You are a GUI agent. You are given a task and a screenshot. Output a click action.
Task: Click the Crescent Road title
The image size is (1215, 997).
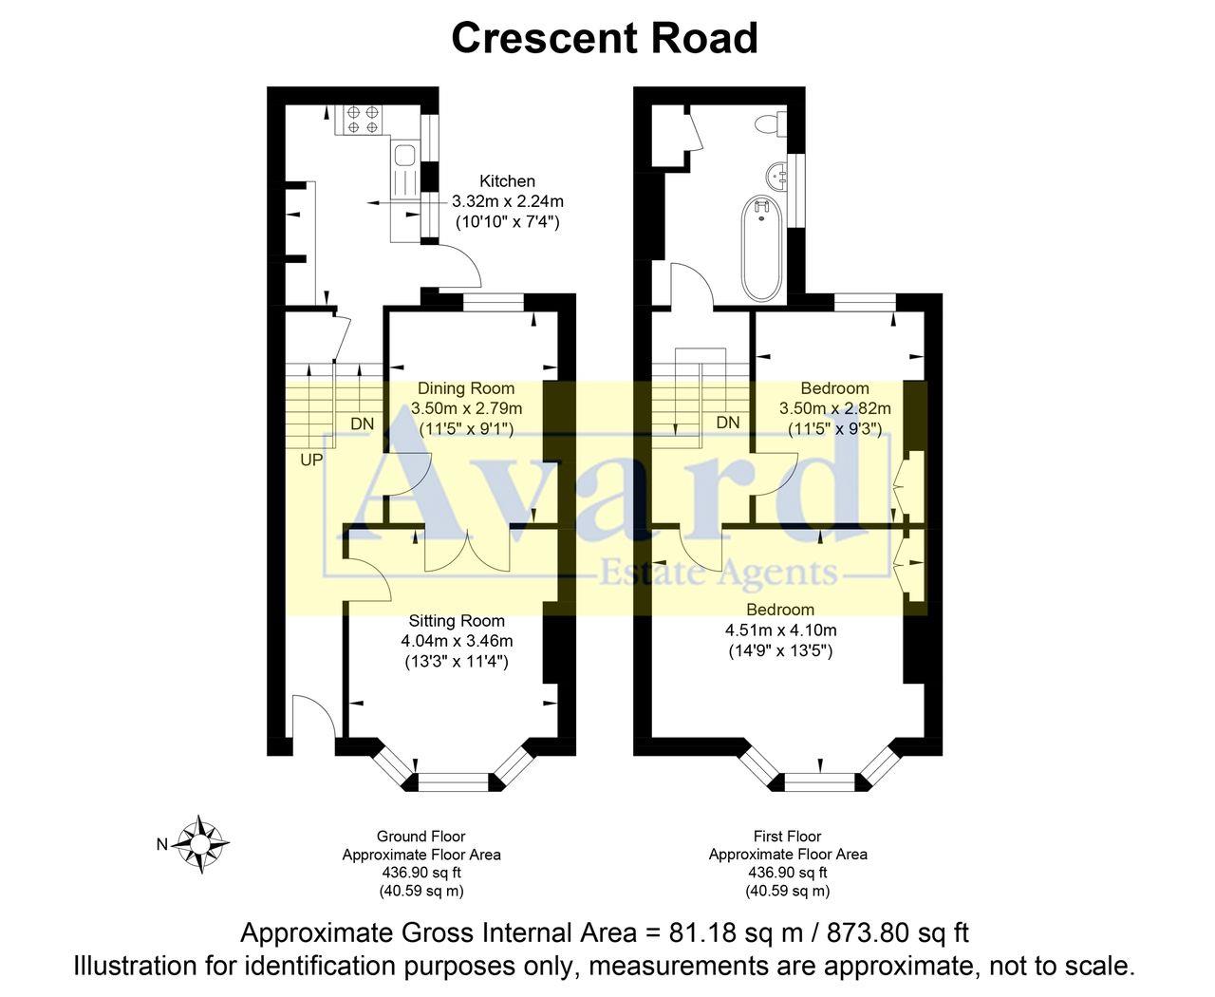604,38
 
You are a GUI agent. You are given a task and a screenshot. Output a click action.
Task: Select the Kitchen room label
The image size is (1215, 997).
507,180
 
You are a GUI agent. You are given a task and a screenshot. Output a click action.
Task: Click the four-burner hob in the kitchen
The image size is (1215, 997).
362,119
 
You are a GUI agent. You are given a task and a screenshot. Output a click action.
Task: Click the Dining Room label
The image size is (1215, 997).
466,387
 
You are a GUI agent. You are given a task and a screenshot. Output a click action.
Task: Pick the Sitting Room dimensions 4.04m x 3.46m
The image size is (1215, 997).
457,641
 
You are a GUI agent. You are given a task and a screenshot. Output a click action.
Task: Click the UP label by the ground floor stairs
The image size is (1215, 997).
311,461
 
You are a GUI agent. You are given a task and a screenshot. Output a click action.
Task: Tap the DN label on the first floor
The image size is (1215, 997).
728,423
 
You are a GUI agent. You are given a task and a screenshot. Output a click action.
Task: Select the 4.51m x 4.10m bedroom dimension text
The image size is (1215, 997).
780,630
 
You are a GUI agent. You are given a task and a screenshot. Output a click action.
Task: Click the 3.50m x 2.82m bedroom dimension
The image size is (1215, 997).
834,408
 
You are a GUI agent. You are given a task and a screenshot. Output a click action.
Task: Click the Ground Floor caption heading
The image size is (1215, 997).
421,837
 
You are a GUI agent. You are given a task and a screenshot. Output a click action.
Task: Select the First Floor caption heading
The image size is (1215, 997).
787,837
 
